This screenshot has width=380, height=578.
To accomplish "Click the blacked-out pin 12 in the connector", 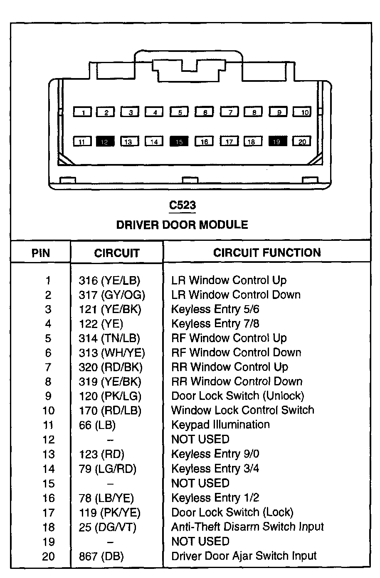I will (105, 142).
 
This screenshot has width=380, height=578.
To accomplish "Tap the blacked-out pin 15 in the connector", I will (179, 142).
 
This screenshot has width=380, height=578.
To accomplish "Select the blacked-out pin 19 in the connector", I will (278, 142).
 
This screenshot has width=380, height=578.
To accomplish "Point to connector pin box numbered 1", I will (83, 112).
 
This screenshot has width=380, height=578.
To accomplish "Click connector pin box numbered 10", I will (302, 112).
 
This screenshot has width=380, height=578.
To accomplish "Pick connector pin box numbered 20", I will (302, 142).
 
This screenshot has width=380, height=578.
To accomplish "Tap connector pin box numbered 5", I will (179, 112).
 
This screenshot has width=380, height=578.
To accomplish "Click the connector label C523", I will (182, 205).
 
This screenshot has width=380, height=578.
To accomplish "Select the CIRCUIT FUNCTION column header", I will (267, 253).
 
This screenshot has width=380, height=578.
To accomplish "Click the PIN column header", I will (41, 253).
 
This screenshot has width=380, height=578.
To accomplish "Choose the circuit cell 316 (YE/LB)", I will (109, 280).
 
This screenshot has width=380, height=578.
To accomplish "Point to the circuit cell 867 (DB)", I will (101, 556).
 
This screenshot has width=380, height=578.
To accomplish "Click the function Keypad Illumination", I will (220, 425).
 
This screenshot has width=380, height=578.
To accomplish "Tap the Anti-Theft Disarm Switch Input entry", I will (247, 527).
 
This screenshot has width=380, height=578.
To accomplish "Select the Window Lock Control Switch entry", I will (243, 410).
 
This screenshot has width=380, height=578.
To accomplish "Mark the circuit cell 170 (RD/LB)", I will (110, 411).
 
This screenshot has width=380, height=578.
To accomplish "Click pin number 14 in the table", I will (48, 469).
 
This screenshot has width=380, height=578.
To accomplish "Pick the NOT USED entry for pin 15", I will (200, 483).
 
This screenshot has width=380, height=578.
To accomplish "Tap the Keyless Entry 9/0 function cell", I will (215, 454).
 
